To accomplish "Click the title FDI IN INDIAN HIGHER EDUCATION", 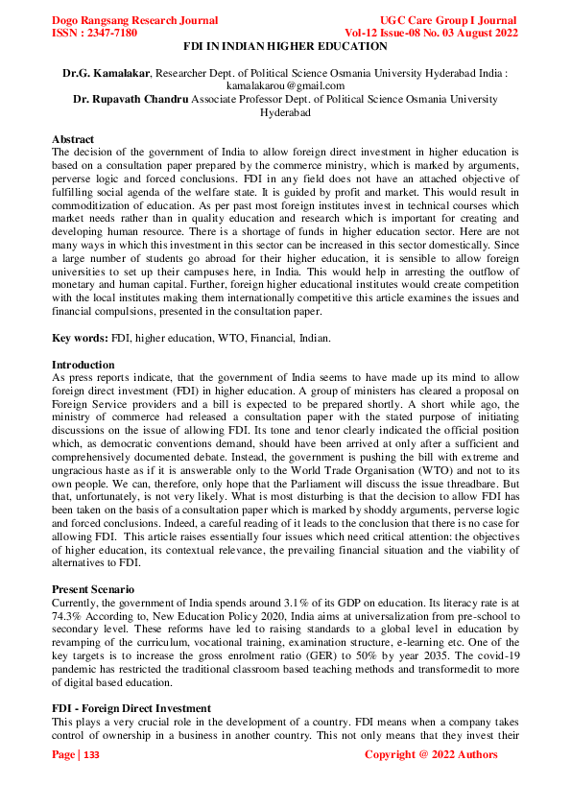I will [285, 46].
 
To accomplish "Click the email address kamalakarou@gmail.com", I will [285, 85].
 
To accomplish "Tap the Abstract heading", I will [73, 139].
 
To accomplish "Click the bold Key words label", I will [81, 338].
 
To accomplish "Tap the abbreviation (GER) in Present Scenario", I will [305, 661].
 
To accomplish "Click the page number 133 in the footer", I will [91, 755].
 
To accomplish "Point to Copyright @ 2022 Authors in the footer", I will [431, 755].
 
